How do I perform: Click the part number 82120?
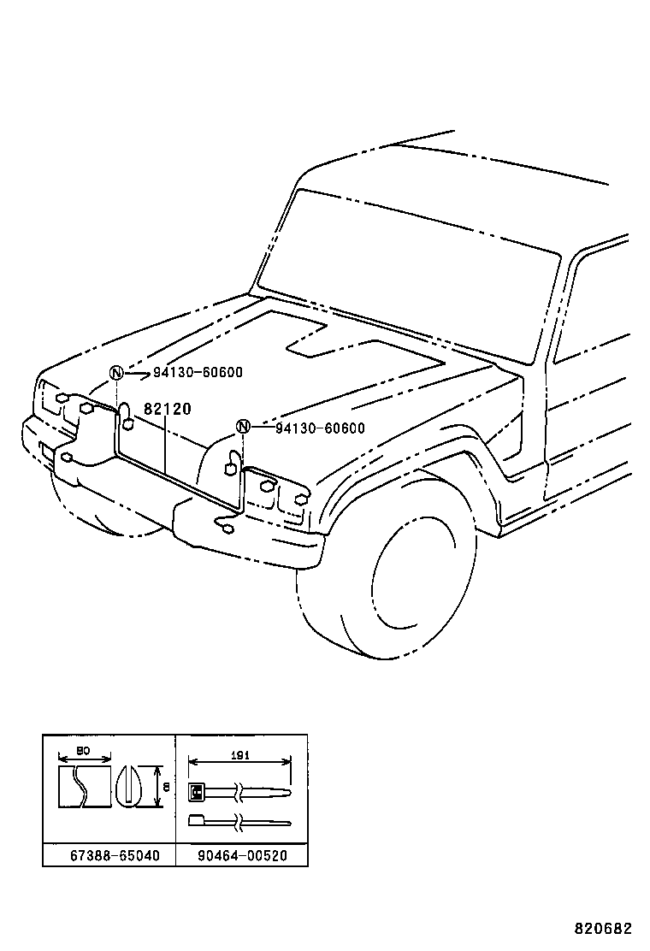point(168,410)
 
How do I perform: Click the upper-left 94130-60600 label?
point(198,373)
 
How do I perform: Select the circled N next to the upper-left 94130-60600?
point(117,373)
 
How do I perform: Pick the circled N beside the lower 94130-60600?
point(243,428)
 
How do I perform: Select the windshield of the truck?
point(411,274)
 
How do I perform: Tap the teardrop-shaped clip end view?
point(130,784)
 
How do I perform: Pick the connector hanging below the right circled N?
point(231,467)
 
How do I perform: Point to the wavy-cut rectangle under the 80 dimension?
point(84,786)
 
